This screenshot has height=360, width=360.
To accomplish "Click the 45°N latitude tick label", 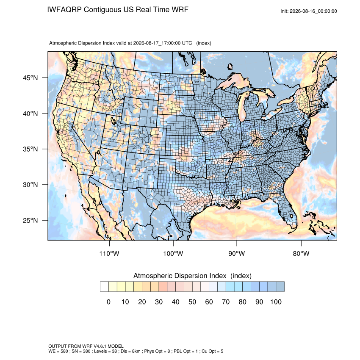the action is point(30,78).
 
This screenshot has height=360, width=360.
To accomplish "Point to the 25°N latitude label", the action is point(30,220).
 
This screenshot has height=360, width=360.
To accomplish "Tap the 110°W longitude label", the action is point(109,253).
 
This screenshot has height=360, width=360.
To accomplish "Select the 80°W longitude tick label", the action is point(301,253).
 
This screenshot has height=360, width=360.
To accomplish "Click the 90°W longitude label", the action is point(237,253).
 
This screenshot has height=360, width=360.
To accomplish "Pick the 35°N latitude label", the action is point(30,149).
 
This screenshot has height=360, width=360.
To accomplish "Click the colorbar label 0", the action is point(108,302).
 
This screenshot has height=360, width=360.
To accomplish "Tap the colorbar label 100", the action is point(276,302).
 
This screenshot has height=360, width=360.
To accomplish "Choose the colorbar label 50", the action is point(192,302).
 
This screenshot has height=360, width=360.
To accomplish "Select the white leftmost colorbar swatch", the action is point(104,287).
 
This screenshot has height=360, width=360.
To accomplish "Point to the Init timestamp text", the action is point(309,11).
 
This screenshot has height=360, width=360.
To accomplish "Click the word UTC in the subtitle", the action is point(187,43).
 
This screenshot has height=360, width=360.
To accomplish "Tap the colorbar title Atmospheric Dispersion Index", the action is point(180,276).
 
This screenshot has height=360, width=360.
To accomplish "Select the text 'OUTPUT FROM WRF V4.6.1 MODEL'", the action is point(86,346).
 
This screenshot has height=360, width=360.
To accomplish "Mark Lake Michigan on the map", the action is point(242,108).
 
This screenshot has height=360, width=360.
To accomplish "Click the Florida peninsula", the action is point(288,211).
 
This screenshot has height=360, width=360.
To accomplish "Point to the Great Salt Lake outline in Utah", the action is point(113,120).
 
